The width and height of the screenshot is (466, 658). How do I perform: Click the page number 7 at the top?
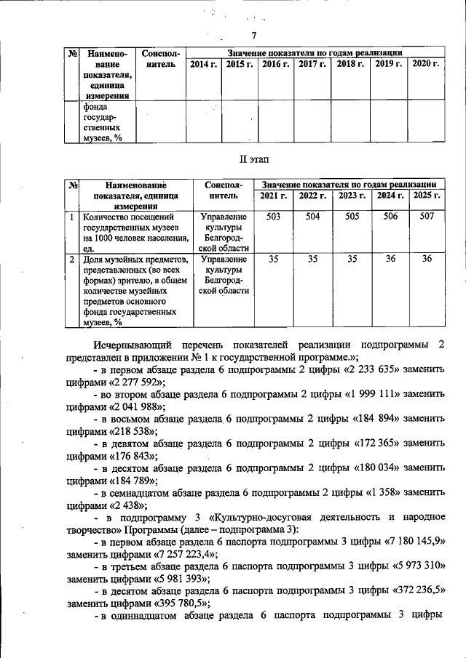tap(254, 37)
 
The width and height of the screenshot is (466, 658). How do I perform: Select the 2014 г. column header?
tap(203, 65)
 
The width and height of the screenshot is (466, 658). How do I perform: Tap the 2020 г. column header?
tap(426, 65)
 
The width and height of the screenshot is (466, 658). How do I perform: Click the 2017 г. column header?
tap(312, 65)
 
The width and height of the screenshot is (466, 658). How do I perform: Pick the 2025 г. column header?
tap(427, 196)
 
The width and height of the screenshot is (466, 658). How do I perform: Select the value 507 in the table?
tap(427, 217)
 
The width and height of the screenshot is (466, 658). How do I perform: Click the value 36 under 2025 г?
tap(427, 259)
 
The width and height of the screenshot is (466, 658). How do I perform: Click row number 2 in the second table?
tap(71, 259)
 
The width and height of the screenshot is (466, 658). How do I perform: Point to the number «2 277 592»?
tap(135, 382)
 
